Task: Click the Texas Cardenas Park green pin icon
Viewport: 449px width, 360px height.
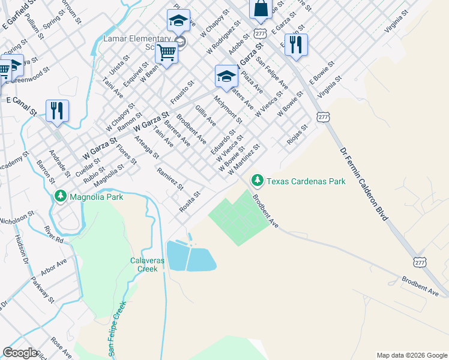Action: tap(258, 180)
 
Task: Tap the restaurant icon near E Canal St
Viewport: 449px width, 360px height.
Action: tap(57, 110)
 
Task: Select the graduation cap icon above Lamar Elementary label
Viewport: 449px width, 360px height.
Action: tap(178, 21)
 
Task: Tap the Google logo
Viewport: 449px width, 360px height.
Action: tap(20, 353)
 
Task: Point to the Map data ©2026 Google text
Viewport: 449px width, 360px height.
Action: tap(411, 355)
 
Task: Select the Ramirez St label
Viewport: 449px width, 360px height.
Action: tap(169, 178)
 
